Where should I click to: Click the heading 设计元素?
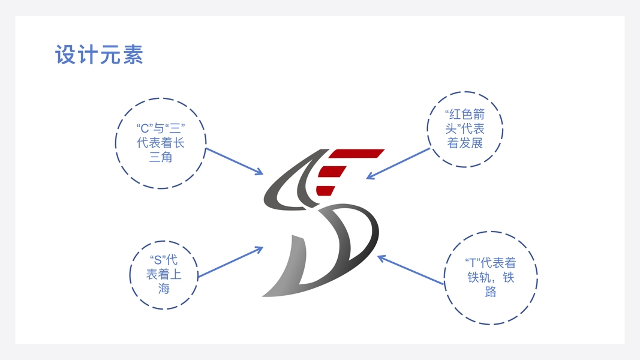[99, 55]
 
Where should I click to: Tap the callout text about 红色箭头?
[465, 128]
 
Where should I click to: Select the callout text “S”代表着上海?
[164, 274]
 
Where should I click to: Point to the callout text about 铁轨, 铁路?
[491, 277]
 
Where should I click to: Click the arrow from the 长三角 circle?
[234, 161]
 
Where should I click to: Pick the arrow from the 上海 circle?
[230, 262]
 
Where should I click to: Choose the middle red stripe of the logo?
[335, 173]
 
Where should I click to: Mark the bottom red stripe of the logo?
[324, 190]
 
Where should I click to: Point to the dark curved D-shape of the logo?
[354, 237]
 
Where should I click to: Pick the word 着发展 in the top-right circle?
[465, 143]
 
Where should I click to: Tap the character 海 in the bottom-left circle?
[164, 289]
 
